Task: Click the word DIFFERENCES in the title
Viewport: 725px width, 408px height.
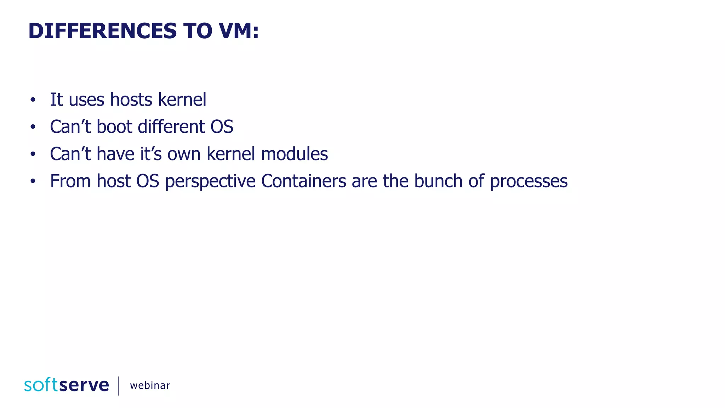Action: pos(102,31)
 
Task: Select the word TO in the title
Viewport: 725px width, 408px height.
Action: pos(198,31)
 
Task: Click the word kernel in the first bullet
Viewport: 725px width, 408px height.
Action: pos(182,100)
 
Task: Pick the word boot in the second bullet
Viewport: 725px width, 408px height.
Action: pos(114,127)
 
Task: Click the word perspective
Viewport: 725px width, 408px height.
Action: pos(210,182)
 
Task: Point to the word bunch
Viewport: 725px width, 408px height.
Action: pos(438,181)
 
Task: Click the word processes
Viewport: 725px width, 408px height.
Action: pos(529,182)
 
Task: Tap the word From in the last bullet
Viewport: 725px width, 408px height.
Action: pos(70,181)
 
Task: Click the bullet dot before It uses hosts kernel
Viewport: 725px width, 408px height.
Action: pos(33,100)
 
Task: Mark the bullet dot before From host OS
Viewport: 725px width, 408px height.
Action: pos(33,181)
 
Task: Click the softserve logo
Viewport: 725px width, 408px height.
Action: pos(67,385)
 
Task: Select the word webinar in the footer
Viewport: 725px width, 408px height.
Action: pos(150,386)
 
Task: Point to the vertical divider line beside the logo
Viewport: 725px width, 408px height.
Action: pos(118,386)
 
